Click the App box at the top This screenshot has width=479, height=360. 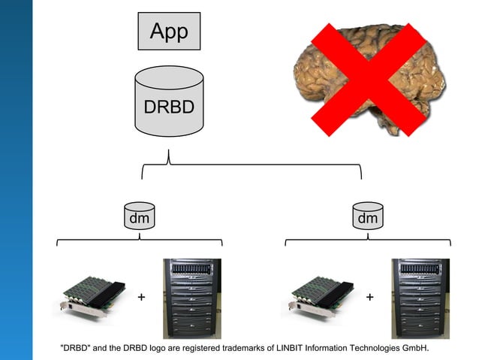[x=169, y=32]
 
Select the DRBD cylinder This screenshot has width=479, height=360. [x=169, y=102]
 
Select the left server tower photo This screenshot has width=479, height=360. [x=192, y=298]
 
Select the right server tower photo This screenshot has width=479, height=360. [x=420, y=298]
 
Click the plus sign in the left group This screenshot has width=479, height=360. [x=141, y=298]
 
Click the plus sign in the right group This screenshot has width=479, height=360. [x=369, y=298]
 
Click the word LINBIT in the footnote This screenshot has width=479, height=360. [x=284, y=348]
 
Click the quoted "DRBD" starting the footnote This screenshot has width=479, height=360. [x=76, y=348]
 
